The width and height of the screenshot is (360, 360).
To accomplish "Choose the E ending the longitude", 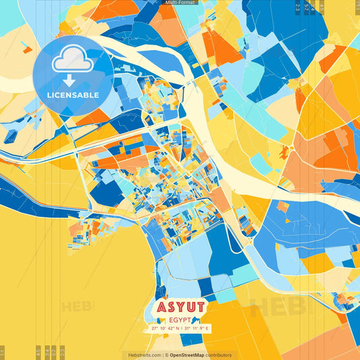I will (209, 328).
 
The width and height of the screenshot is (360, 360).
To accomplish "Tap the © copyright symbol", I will (165, 355).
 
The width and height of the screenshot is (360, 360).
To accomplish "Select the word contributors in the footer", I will (219, 355).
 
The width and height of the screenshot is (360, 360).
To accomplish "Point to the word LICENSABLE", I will (73, 95).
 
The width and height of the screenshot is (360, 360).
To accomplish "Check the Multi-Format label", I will (180, 3).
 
